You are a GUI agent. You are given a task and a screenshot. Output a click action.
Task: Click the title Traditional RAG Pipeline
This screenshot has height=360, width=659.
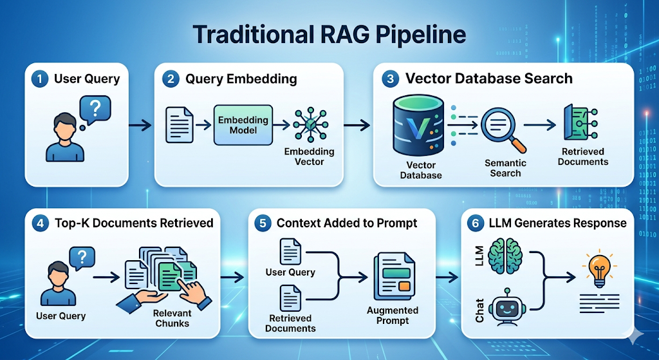(x=329, y=33)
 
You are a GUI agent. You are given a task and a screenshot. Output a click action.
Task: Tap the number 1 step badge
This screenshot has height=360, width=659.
(x=40, y=79)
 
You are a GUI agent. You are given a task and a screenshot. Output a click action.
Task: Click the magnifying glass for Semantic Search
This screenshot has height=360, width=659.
(x=501, y=126)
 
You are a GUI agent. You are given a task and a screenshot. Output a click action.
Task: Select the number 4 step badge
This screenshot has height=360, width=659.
(x=40, y=223)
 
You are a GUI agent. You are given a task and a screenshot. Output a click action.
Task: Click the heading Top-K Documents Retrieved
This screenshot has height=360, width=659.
(x=133, y=223)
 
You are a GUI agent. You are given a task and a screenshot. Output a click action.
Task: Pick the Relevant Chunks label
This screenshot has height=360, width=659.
(x=172, y=318)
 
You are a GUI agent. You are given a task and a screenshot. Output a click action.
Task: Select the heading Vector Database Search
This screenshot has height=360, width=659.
(x=488, y=79)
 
